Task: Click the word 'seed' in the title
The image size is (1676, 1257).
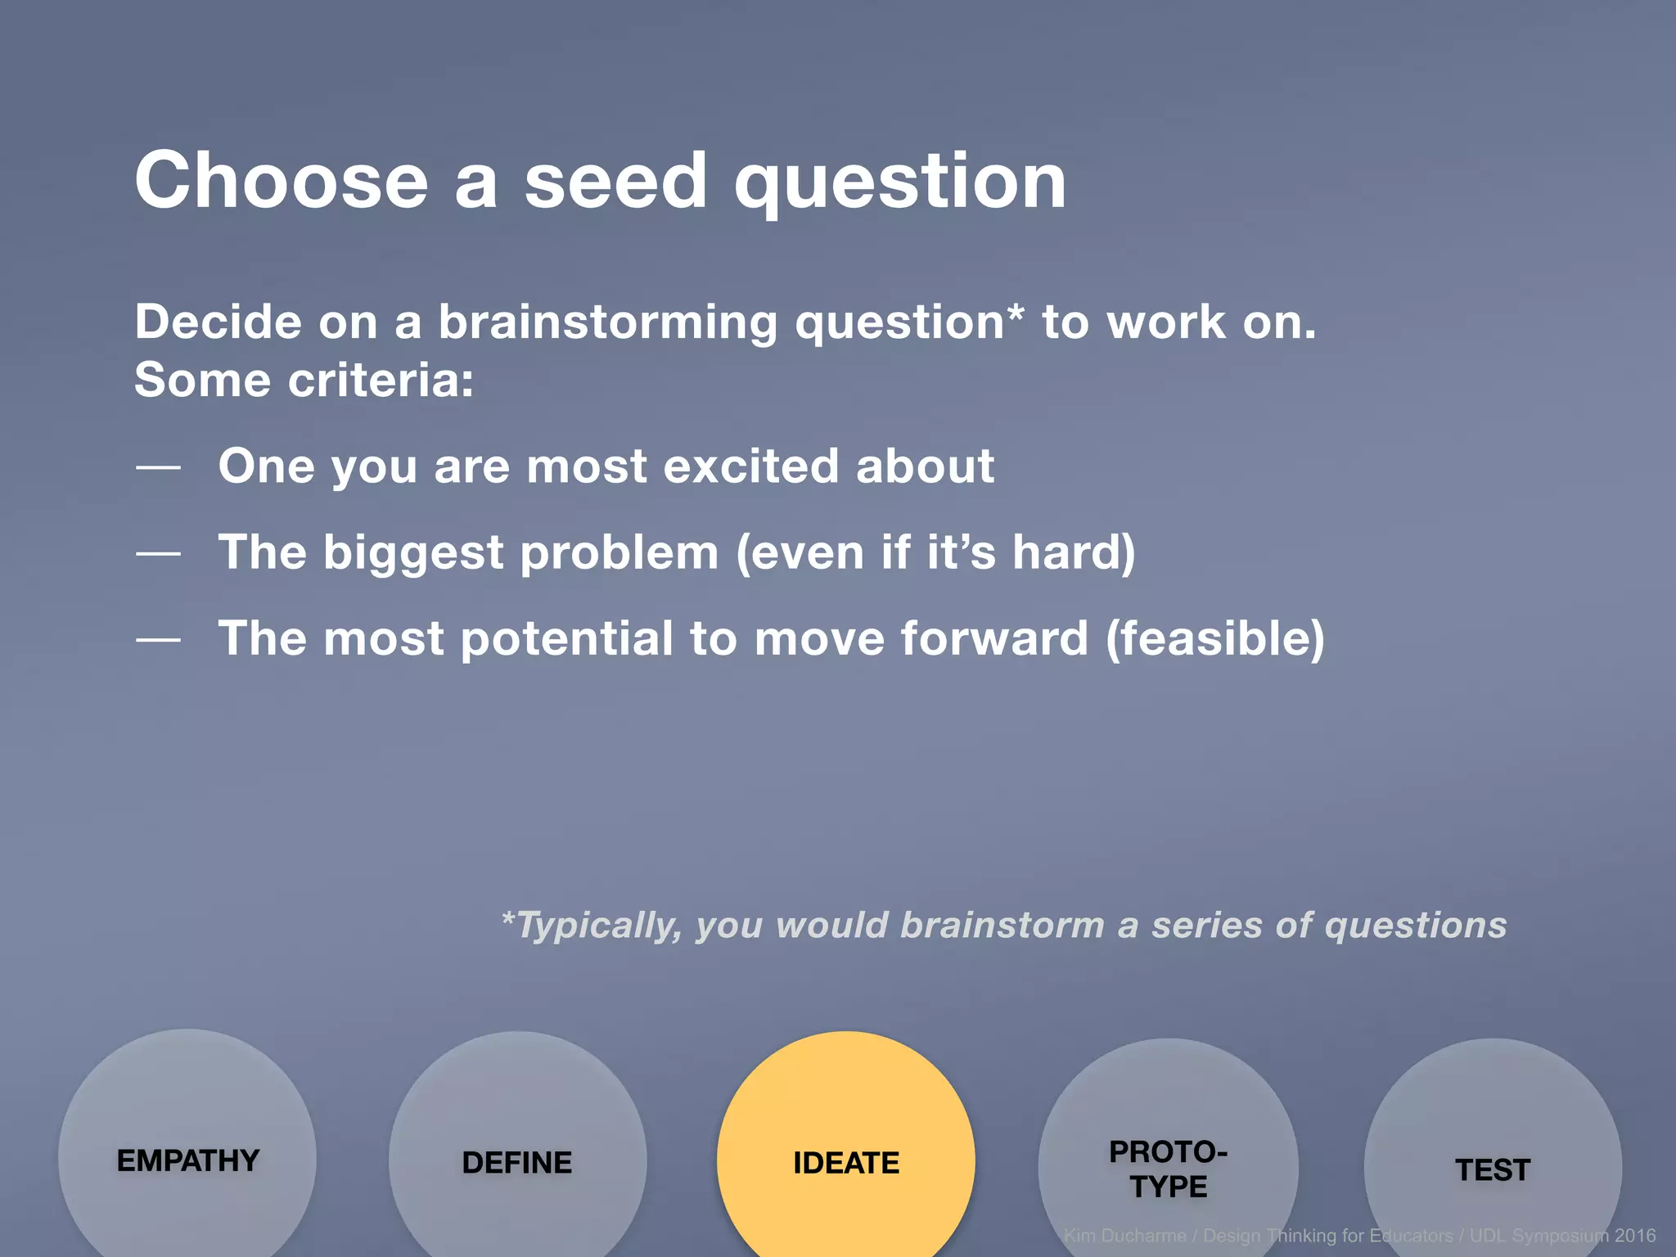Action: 615,181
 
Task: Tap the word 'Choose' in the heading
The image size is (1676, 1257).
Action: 282,181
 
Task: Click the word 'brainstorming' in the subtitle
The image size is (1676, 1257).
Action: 607,322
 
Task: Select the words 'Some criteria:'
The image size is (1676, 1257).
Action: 304,381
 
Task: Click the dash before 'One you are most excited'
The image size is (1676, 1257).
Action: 158,467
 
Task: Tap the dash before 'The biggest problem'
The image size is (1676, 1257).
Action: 158,554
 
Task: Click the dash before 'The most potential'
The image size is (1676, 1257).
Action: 158,640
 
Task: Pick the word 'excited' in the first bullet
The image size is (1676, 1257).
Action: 750,466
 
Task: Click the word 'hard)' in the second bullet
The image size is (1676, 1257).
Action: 1074,552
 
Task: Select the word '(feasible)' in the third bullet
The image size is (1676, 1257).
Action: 1214,639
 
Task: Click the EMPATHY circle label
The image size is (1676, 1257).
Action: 188,1160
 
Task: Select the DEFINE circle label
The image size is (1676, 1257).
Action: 516,1163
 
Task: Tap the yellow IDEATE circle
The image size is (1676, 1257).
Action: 845,1163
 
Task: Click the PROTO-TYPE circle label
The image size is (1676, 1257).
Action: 1168,1169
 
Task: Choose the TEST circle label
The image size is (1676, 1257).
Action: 1493,1170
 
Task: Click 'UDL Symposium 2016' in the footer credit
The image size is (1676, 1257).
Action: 1562,1236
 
